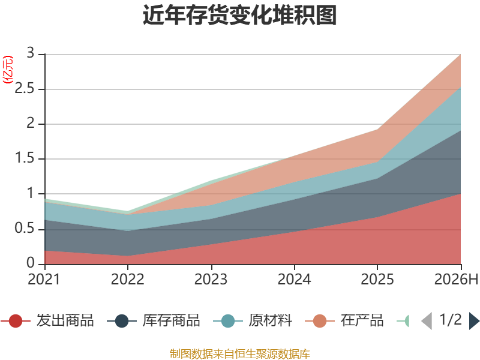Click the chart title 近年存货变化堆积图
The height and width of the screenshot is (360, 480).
tap(239, 15)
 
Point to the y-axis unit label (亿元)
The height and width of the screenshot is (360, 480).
tap(8, 70)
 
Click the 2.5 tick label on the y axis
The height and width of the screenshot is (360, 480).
tap(25, 88)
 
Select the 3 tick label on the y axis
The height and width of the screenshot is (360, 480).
tap(31, 53)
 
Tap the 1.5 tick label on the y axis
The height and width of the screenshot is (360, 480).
tap(25, 158)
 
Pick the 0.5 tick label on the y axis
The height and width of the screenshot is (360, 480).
tap(25, 228)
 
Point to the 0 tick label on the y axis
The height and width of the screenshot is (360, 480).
tap(31, 263)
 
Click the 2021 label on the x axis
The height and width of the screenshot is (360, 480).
tap(44, 279)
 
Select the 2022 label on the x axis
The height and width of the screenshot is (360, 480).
tap(127, 279)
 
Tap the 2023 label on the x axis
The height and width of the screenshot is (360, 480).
tap(211, 279)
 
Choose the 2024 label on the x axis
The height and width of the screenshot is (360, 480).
tap(294, 279)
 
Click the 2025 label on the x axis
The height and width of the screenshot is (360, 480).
tap(377, 279)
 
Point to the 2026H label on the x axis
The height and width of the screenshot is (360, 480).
tap(456, 279)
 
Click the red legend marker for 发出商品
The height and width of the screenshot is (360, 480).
tap(16, 321)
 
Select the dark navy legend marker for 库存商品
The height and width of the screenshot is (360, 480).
tap(122, 321)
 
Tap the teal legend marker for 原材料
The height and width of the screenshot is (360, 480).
tap(228, 321)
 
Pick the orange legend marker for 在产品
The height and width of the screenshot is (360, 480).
tap(320, 321)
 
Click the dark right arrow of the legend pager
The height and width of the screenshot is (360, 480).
tap(474, 321)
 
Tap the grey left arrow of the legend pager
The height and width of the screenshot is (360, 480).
tap(427, 321)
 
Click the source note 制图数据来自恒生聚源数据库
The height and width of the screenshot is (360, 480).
tap(240, 354)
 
